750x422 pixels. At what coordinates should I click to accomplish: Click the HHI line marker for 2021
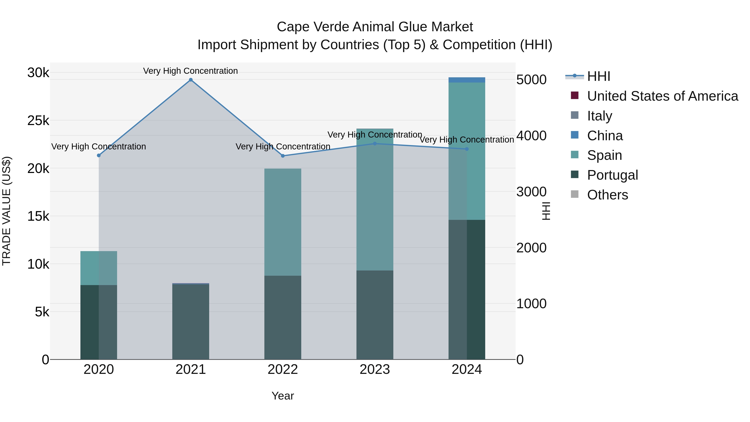(x=191, y=80)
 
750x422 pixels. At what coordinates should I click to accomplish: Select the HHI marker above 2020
(x=99, y=155)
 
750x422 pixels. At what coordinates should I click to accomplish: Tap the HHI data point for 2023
(x=375, y=144)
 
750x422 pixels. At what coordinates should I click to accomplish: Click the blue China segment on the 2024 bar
(x=467, y=80)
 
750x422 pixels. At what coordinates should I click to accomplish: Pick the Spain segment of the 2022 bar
(x=283, y=222)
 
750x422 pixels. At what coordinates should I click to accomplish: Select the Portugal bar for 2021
(x=191, y=322)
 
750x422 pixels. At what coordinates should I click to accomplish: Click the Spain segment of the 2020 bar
(x=99, y=268)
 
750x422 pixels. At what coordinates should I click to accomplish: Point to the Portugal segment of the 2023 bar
(x=375, y=315)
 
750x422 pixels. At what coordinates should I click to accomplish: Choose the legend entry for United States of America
(x=662, y=96)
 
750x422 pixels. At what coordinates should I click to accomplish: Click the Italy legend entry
(x=599, y=116)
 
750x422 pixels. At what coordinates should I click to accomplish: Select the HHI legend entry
(x=598, y=76)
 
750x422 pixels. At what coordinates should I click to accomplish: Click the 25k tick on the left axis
(x=38, y=121)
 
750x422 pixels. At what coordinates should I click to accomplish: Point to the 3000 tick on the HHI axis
(x=531, y=192)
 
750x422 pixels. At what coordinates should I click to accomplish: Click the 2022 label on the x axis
(x=283, y=369)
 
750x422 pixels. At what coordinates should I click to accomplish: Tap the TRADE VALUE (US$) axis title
(x=6, y=211)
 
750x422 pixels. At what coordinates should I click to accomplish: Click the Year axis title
(x=283, y=396)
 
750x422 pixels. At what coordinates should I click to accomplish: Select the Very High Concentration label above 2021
(x=190, y=71)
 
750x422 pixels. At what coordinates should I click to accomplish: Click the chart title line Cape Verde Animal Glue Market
(x=375, y=27)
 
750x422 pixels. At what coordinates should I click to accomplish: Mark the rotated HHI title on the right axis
(x=546, y=211)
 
